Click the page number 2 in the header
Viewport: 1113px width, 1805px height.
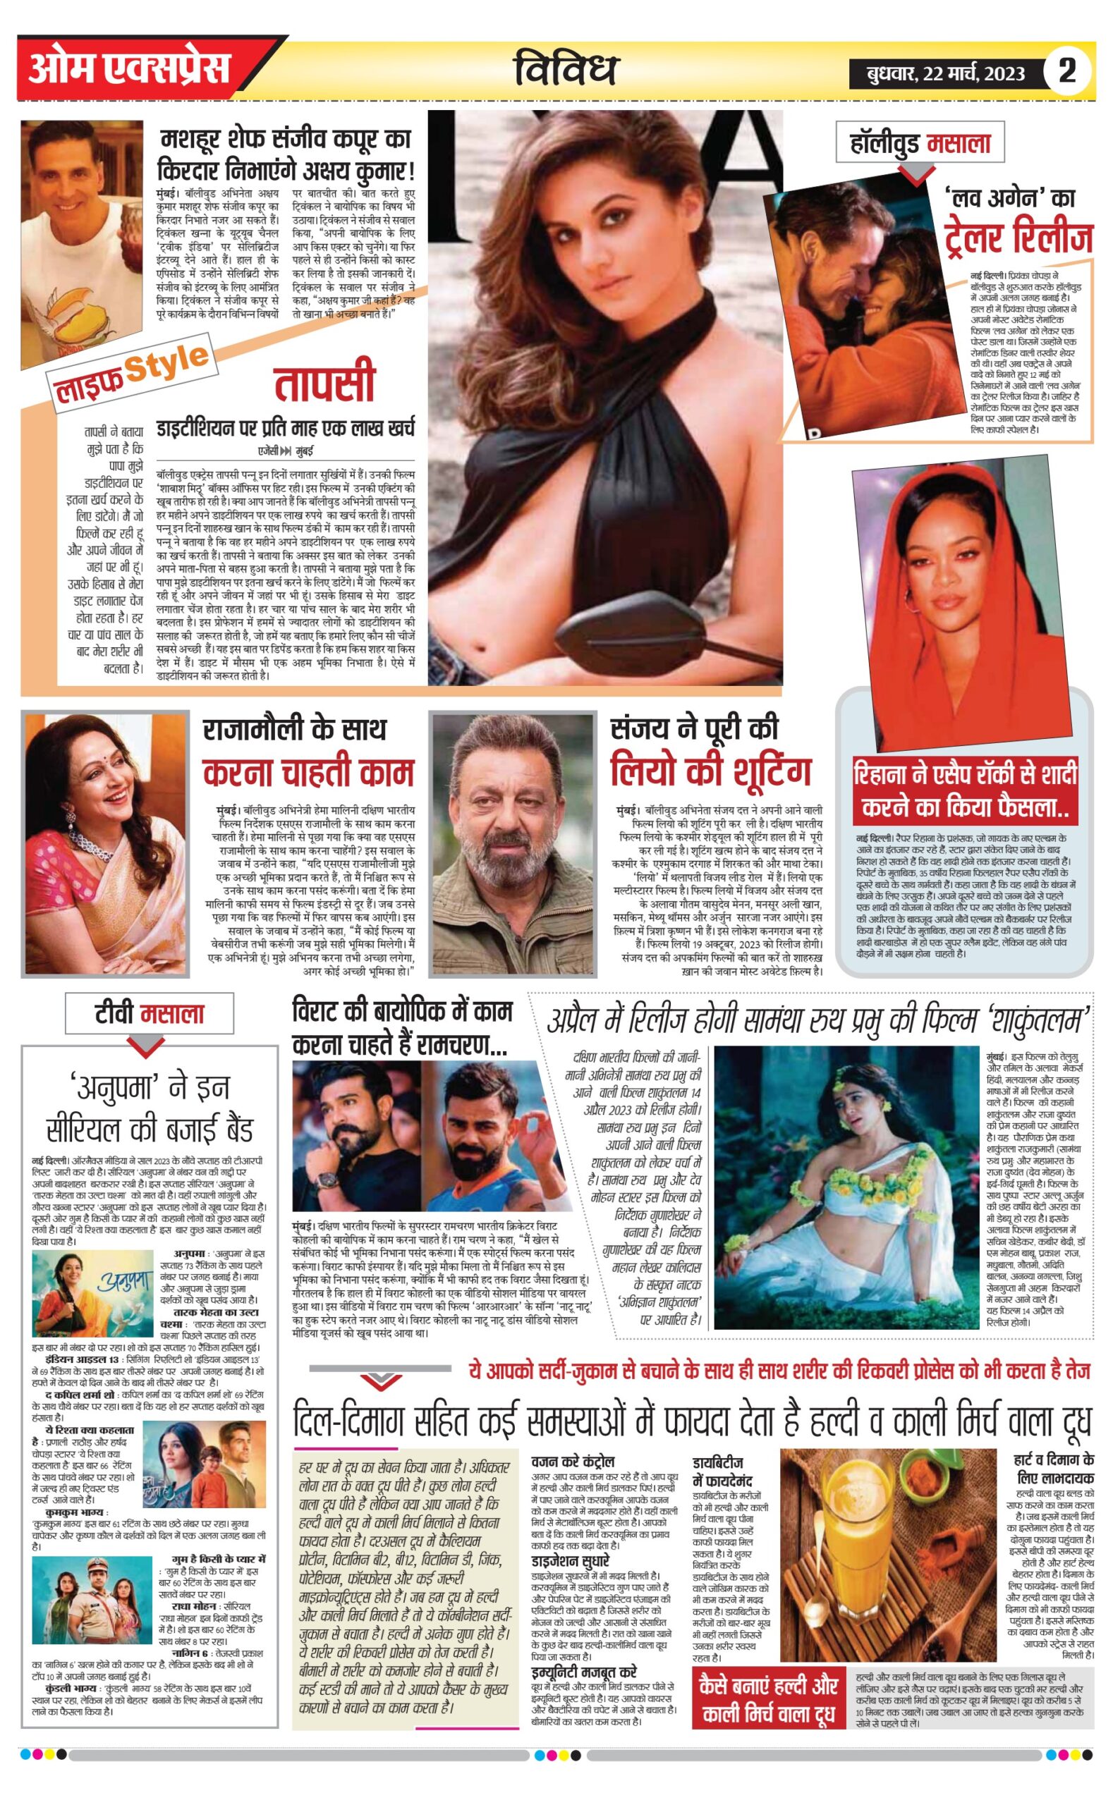pyautogui.click(x=1066, y=71)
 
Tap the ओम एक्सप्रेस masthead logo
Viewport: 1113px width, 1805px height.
pyautogui.click(x=130, y=69)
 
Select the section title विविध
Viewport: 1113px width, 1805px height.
pyautogui.click(x=566, y=70)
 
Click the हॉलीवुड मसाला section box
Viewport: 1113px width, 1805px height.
pyautogui.click(x=920, y=142)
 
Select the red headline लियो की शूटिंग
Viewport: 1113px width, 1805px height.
pyautogui.click(x=710, y=772)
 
